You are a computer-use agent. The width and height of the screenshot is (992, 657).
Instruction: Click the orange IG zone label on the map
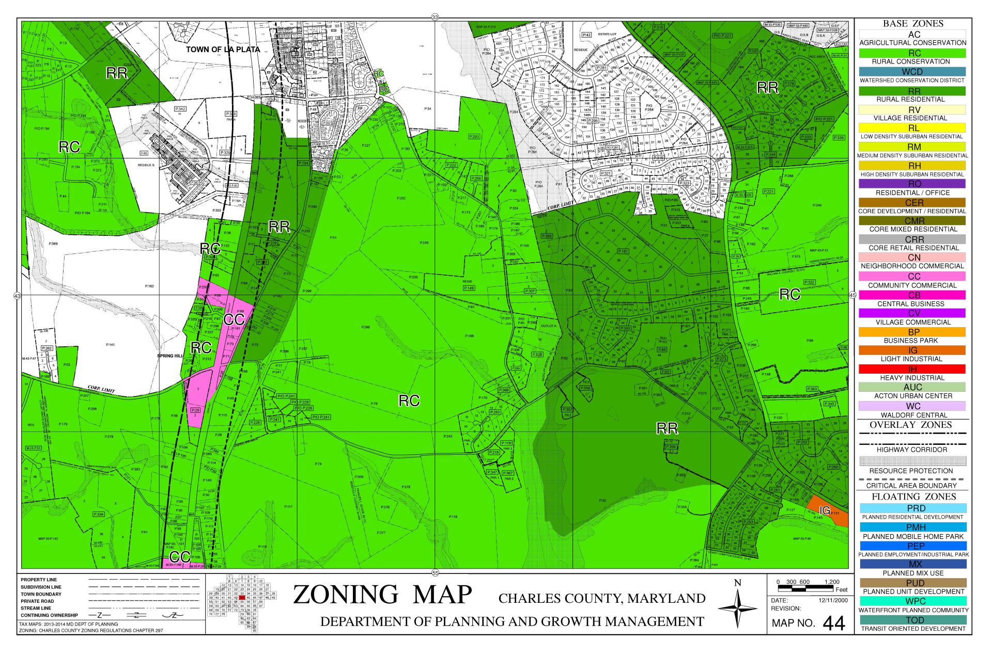[825, 510]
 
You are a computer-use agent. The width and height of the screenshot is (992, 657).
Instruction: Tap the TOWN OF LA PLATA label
[223, 50]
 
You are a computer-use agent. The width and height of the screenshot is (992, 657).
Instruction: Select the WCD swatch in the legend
[912, 72]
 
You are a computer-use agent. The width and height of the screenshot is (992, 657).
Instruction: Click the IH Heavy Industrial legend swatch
[912, 369]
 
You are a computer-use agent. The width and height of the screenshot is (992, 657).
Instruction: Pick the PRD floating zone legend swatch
[912, 508]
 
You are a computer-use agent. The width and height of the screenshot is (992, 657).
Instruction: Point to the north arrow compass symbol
[737, 609]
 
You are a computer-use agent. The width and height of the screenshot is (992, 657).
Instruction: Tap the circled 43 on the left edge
[17, 296]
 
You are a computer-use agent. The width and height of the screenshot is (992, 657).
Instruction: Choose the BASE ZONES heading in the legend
[912, 24]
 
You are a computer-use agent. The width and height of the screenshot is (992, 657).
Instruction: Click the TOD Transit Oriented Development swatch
[912, 620]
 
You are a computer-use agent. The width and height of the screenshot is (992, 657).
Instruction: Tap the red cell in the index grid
[242, 598]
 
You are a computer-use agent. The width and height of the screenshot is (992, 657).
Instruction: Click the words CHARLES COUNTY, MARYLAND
[602, 599]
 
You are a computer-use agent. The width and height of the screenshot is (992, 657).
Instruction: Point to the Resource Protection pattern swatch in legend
[912, 461]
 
